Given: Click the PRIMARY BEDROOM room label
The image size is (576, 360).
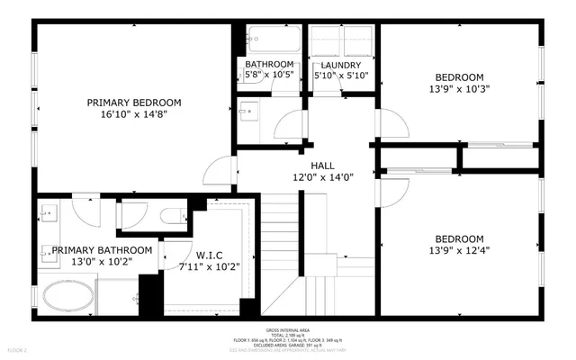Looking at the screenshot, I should click(x=134, y=102).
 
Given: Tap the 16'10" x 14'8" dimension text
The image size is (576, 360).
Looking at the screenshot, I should click(x=134, y=114).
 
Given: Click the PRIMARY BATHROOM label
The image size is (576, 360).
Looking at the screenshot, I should click(x=102, y=250).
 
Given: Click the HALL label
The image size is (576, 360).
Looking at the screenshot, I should click(x=322, y=166).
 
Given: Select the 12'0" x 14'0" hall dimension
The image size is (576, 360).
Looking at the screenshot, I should click(x=322, y=178).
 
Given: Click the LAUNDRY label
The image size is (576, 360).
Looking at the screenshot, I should click(x=341, y=65).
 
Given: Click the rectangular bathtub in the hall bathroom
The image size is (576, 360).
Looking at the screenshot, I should click(x=274, y=40).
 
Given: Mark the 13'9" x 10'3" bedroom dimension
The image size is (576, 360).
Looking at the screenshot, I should click(x=460, y=90).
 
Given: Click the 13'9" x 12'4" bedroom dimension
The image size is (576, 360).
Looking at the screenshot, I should click(x=460, y=251).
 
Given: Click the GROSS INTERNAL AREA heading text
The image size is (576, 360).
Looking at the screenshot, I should click(x=290, y=331).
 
